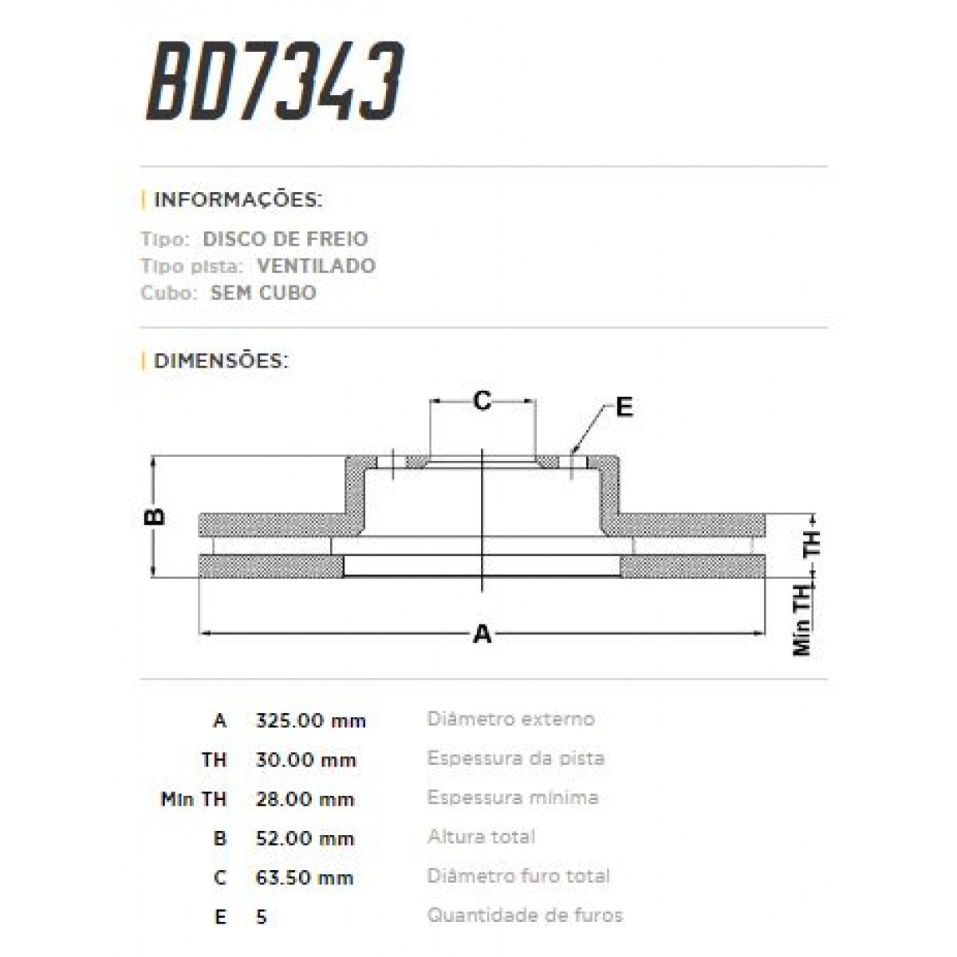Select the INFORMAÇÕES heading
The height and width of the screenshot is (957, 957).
click(237, 199)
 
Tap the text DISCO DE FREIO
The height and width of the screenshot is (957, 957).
click(286, 238)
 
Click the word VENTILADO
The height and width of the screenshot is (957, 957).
click(316, 266)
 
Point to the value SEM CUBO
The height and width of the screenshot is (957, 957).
click(263, 293)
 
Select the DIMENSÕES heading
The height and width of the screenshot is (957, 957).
click(220, 360)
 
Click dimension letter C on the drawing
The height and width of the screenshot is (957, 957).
click(482, 400)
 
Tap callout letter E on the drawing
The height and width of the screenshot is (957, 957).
click(624, 408)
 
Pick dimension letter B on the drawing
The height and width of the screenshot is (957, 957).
click(156, 516)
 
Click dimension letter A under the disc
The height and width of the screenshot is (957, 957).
click(482, 635)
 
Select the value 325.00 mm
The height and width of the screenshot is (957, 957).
click(310, 721)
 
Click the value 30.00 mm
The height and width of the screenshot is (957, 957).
click(305, 760)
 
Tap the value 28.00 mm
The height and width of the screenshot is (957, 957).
click(305, 799)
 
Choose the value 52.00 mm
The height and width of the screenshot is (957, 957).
click(305, 838)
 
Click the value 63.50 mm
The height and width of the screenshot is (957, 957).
click(305, 878)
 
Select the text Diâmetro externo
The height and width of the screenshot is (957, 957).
click(510, 719)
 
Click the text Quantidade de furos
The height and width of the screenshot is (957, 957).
click(525, 915)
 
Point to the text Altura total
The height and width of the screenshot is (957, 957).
click(481, 837)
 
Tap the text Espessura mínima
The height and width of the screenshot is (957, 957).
click(513, 797)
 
